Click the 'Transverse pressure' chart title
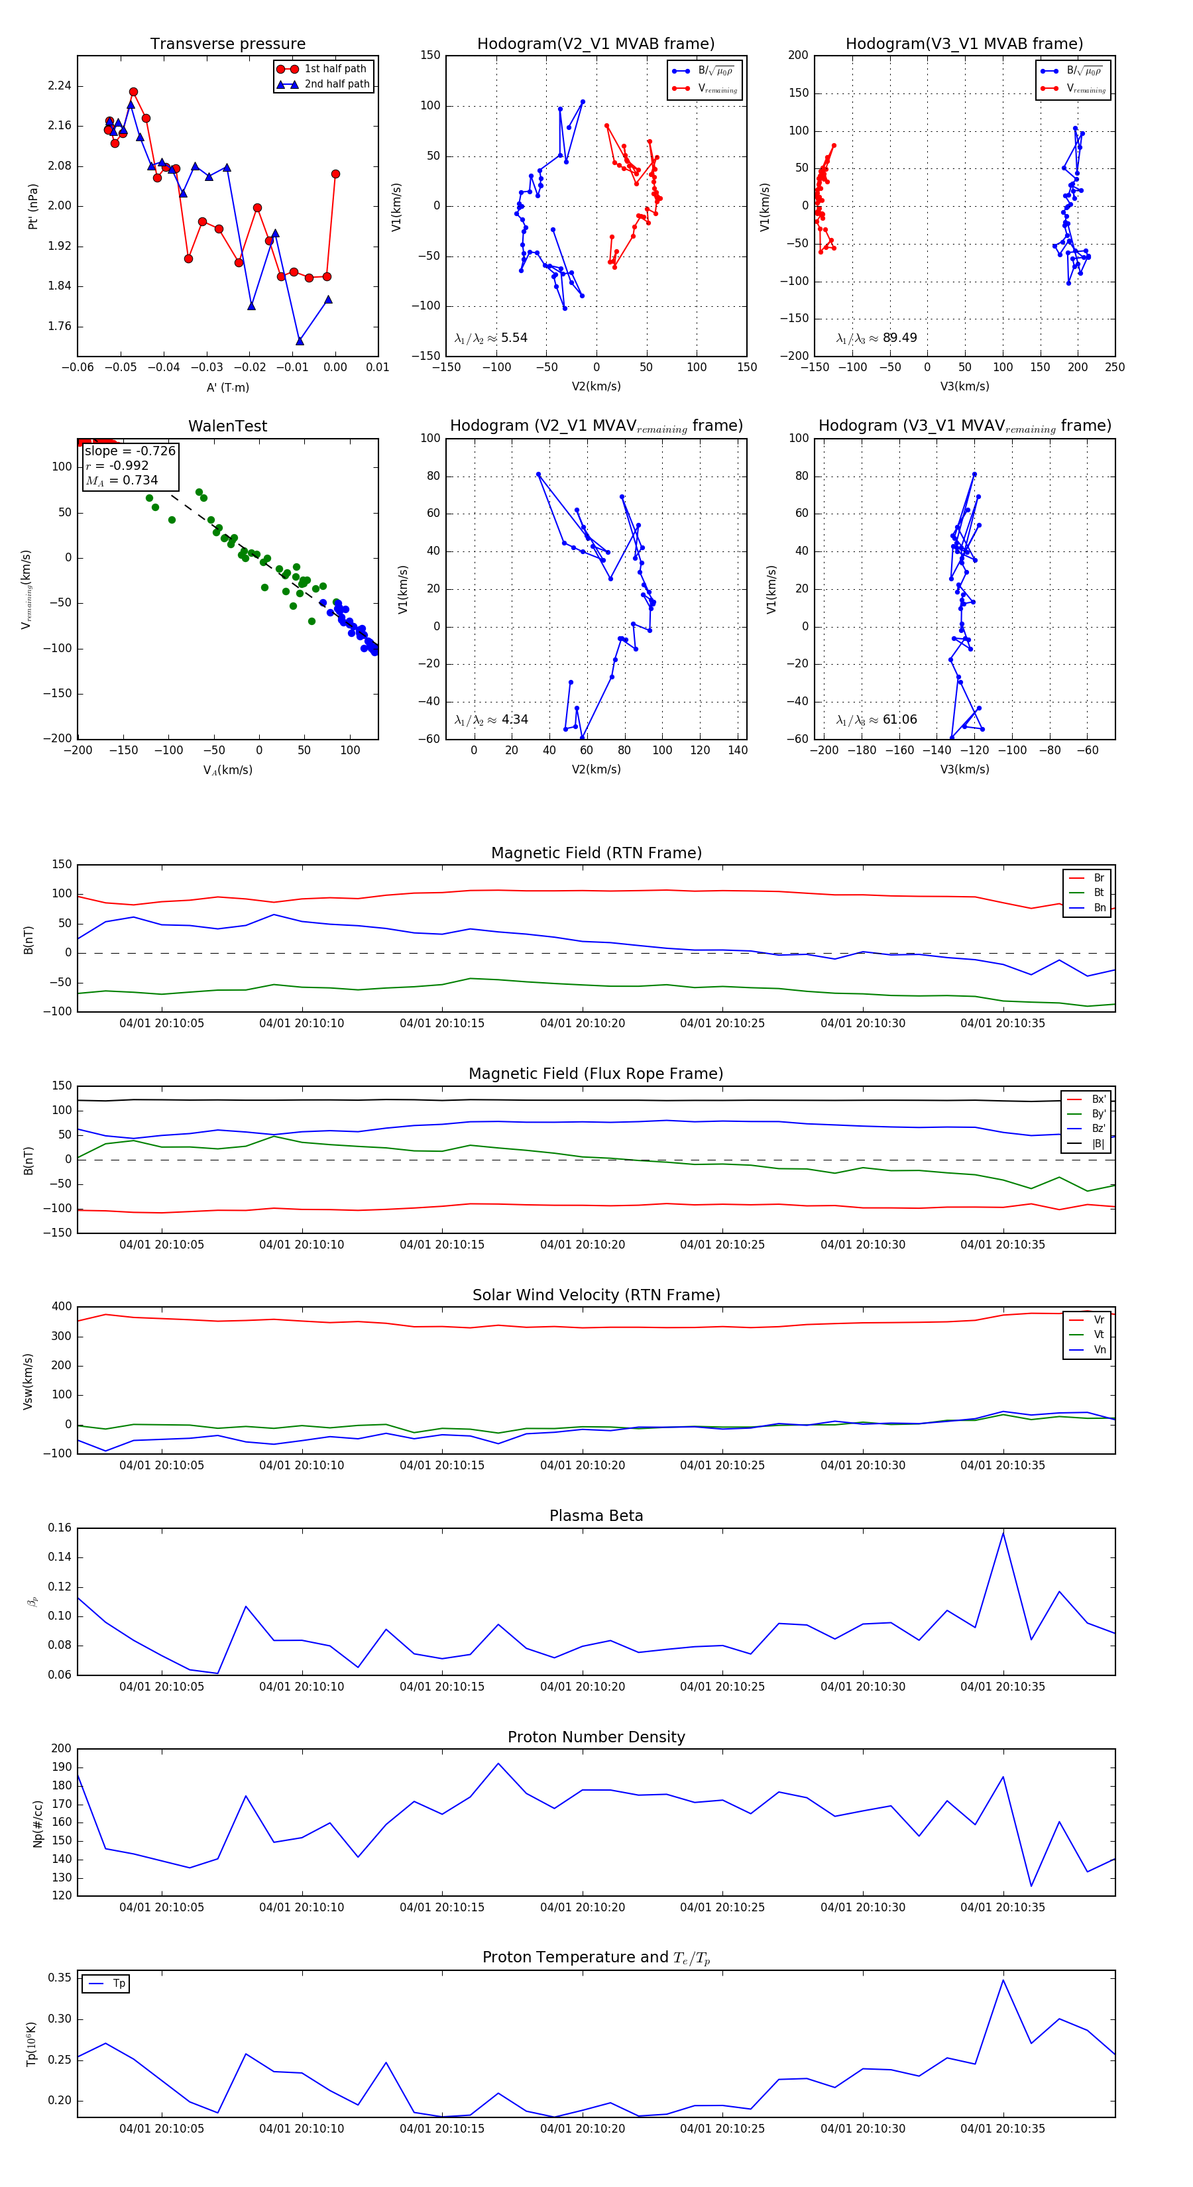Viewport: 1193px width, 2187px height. [x=227, y=44]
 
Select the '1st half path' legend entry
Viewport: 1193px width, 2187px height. [x=335, y=69]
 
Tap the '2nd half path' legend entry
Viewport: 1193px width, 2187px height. [x=336, y=84]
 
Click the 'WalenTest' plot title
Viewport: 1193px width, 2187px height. [x=227, y=426]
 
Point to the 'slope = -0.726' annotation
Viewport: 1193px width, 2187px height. [x=130, y=451]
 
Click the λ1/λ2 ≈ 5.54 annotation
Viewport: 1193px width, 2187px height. [x=490, y=338]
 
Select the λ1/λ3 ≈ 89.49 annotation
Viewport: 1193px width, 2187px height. [x=876, y=338]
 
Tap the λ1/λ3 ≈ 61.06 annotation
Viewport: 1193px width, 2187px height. [x=876, y=720]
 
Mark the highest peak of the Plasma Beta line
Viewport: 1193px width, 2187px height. [x=1003, y=1532]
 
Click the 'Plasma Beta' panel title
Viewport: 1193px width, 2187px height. [x=596, y=1516]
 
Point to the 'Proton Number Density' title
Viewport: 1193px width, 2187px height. [x=596, y=1737]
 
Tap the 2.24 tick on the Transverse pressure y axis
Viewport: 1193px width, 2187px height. [x=60, y=85]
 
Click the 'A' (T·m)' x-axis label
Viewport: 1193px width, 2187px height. [x=227, y=387]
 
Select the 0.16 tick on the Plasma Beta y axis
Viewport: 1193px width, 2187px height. [x=60, y=1528]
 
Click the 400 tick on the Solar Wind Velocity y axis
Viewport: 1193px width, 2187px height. [x=61, y=1307]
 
